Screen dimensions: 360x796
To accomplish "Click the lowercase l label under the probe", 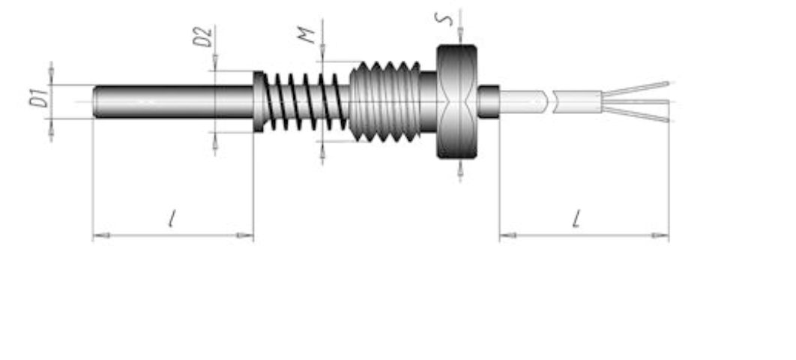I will tap(173, 220).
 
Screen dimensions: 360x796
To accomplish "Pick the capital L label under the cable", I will tap(576, 220).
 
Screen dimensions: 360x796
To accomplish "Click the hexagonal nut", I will tap(456, 101).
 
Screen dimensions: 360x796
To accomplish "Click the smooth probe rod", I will tap(172, 101).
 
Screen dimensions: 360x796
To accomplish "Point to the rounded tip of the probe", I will tap(96, 101).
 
